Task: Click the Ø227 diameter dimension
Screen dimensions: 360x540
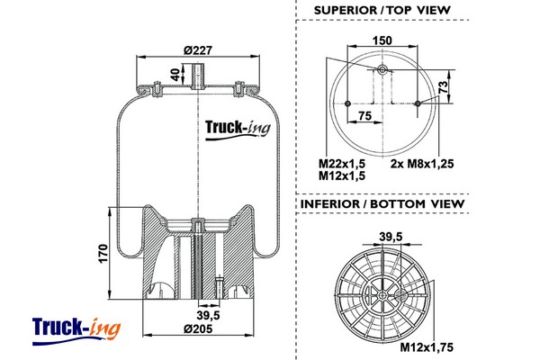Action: click(x=195, y=50)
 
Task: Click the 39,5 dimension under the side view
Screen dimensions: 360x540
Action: click(x=209, y=314)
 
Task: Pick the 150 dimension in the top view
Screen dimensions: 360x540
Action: click(x=382, y=40)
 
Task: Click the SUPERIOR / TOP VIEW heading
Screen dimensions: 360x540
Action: click(x=382, y=10)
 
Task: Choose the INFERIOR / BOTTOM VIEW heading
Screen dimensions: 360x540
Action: click(x=383, y=203)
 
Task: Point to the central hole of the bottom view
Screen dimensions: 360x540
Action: click(x=383, y=293)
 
